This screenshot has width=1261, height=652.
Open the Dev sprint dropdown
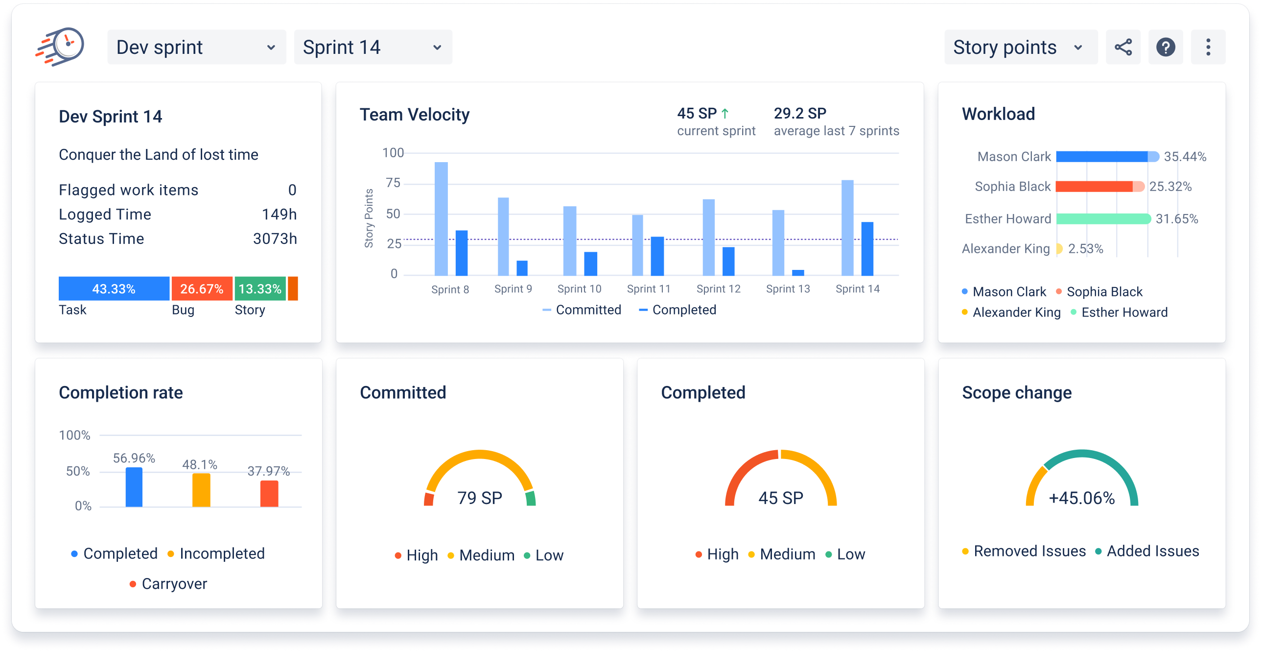point(196,48)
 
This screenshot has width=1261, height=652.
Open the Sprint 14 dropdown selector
point(373,48)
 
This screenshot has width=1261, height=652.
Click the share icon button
point(1123,48)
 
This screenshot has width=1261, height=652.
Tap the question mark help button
point(1166,48)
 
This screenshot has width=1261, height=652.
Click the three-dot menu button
point(1208,48)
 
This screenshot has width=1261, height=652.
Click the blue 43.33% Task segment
point(114,289)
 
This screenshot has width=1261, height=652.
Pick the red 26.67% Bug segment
point(201,289)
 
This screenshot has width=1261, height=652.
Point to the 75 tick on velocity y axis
point(393,183)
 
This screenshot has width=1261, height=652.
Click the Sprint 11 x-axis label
point(649,289)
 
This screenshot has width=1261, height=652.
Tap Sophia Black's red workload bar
point(1094,187)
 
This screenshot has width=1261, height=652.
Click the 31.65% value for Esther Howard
point(1177,219)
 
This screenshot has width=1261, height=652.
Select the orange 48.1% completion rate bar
point(201,489)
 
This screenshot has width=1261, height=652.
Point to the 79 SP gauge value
point(480,498)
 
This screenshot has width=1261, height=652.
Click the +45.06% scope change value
point(1082,498)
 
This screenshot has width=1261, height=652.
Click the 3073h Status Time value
point(275,239)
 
